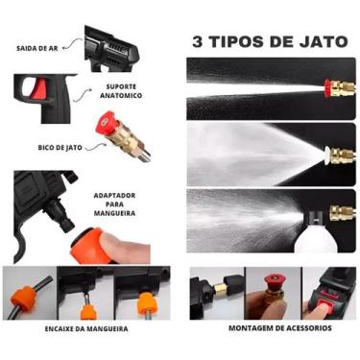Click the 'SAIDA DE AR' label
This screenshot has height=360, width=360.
click(x=40, y=48)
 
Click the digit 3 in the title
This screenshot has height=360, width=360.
click(x=199, y=42)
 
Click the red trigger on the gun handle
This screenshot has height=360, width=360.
click(x=38, y=90)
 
